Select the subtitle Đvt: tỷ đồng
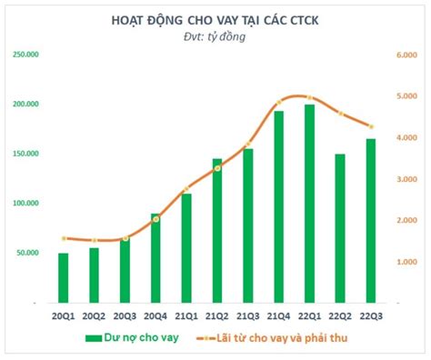pos(215,37)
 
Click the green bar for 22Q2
pos(340,227)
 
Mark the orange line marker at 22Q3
pos(371,126)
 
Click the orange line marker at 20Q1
pos(63,238)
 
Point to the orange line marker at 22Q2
pos(340,113)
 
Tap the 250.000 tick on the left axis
pos(25,55)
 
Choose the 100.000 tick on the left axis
pos(25,203)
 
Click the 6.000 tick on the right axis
pos(406,55)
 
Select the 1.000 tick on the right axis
pos(406,261)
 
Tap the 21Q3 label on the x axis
pos(248,315)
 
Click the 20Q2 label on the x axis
pos(94,315)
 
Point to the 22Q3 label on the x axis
pos(371,315)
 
